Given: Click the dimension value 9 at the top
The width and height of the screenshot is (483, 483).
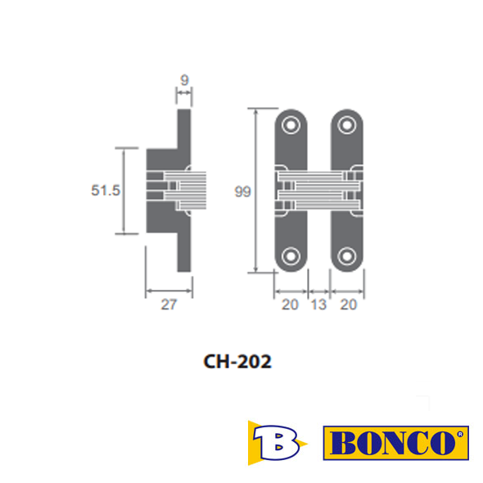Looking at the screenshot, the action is tap(184, 80).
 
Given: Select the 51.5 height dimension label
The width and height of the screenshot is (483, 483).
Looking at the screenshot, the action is tap(106, 190).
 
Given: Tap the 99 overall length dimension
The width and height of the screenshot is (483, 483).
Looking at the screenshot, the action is tap(243, 192).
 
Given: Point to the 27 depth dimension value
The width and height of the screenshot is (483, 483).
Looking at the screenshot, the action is tap(169, 305).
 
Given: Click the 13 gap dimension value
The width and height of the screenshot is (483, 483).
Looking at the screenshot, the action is tap(318, 305).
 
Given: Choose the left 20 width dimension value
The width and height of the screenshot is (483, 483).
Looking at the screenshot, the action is tap(290, 305).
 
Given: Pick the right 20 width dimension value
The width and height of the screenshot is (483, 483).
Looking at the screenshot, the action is tap(349, 305).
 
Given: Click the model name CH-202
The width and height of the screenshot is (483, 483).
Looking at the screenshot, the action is tap(237, 361).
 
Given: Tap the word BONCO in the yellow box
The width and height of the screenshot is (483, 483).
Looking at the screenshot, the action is tap(392, 443).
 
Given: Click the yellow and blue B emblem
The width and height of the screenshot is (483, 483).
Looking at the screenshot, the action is tap(277, 443).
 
